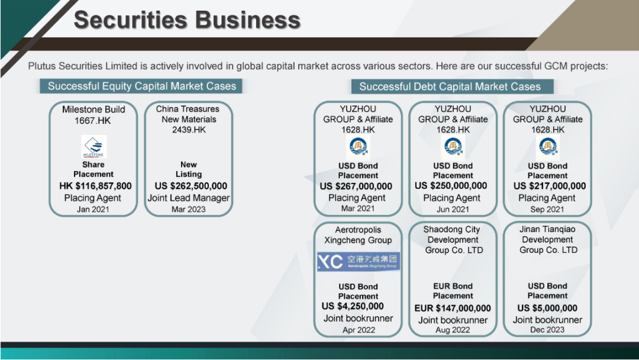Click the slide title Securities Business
pyautogui.click(x=187, y=20)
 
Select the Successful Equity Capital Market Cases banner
pyautogui.click(x=141, y=86)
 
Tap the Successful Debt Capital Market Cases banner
pyautogui.click(x=453, y=86)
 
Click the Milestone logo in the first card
pyautogui.click(x=93, y=147)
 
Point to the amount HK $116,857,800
pyautogui.click(x=95, y=186)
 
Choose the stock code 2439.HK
pyautogui.click(x=189, y=130)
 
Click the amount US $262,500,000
pyautogui.click(x=191, y=186)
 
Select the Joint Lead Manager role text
pyautogui.click(x=189, y=198)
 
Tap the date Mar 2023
pyautogui.click(x=188, y=209)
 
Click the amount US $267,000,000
pyautogui.click(x=356, y=187)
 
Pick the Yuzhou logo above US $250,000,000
pyautogui.click(x=453, y=147)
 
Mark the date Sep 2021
pyautogui.click(x=547, y=209)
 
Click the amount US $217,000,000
pyautogui.click(x=549, y=186)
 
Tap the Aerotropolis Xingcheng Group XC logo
pyautogui.click(x=359, y=261)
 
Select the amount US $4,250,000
pyautogui.click(x=353, y=306)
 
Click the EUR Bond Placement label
pyautogui.click(x=453, y=291)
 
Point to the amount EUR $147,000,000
pyautogui.click(x=453, y=308)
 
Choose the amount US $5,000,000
pyautogui.click(x=547, y=308)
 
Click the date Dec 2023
pyautogui.click(x=547, y=330)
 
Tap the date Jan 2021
pyautogui.click(x=93, y=209)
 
